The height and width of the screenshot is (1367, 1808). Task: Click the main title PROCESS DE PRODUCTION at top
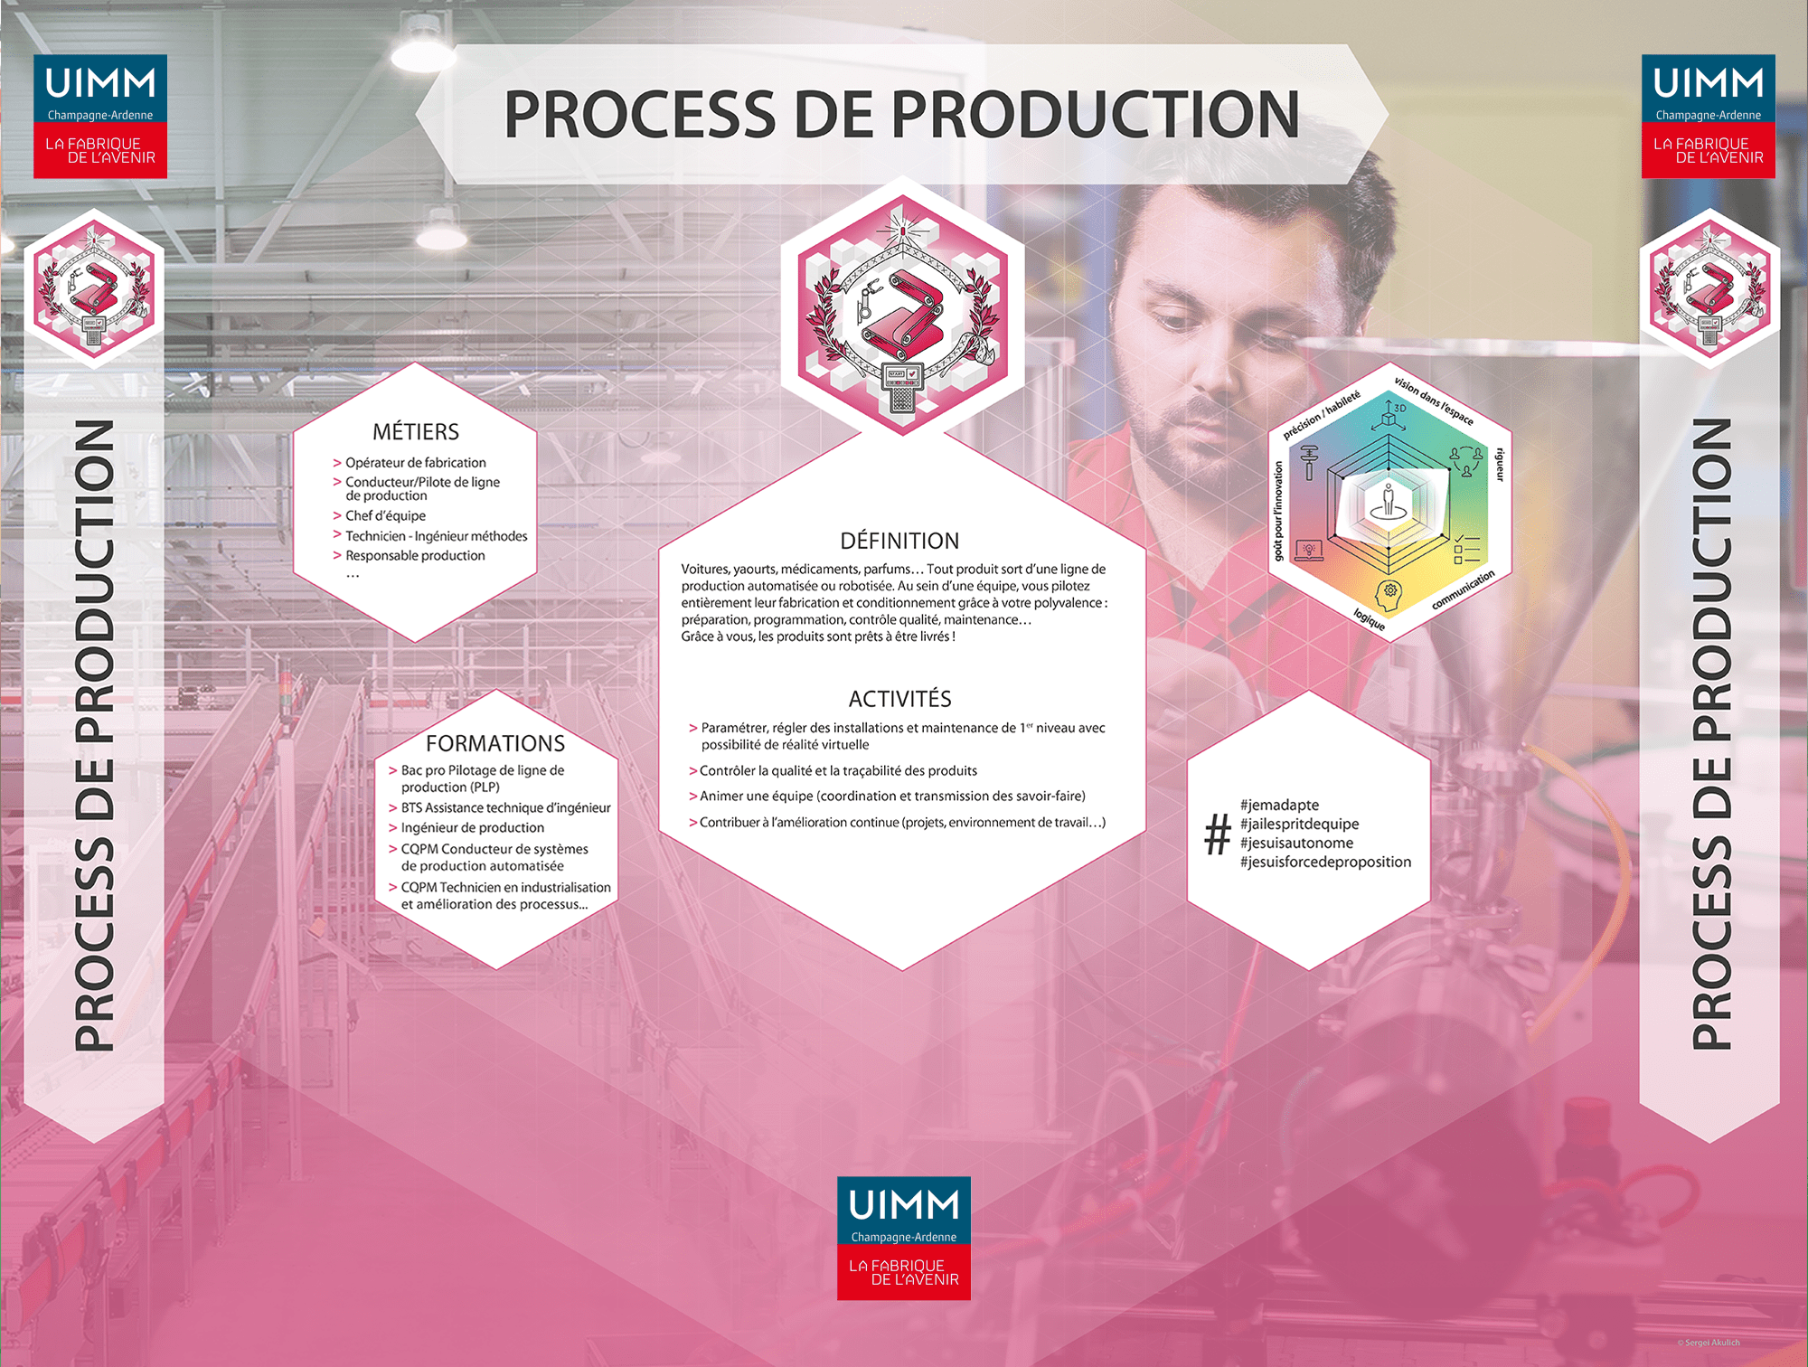point(901,115)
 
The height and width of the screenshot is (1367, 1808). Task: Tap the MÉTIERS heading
point(416,431)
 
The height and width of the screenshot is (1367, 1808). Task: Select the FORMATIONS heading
point(495,743)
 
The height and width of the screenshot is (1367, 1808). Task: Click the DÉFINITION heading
point(899,541)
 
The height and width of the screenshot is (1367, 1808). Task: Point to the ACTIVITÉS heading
point(899,699)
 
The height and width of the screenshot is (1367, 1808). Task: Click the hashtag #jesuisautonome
point(1296,843)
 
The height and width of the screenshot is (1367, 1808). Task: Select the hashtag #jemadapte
point(1279,805)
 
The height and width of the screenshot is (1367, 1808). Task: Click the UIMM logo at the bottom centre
point(903,1238)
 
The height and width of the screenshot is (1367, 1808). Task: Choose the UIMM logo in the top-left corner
point(100,116)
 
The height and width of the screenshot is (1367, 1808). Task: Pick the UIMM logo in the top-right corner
point(1708,116)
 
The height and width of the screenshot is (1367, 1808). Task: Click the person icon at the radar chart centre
point(1389,501)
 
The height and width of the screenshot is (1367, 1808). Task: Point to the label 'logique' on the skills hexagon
point(1369,619)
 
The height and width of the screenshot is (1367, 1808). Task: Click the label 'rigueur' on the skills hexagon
point(1500,464)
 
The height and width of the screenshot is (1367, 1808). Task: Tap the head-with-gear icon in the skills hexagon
point(1388,595)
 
